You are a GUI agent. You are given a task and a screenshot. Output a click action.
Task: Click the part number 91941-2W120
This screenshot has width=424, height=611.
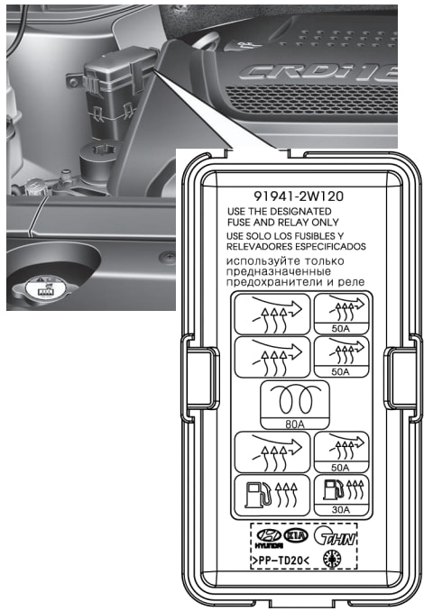[299, 196]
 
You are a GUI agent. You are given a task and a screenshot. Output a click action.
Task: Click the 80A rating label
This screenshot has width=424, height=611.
[295, 424]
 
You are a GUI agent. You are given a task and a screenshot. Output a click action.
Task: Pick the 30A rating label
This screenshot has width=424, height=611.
[341, 509]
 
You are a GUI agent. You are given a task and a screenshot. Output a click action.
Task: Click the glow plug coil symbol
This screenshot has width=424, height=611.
[295, 400]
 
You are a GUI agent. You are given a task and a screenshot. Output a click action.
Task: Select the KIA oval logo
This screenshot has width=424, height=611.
[296, 536]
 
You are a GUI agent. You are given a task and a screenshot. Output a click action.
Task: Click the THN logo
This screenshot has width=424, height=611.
[335, 536]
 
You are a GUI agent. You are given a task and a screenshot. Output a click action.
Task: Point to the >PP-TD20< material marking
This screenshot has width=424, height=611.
[281, 561]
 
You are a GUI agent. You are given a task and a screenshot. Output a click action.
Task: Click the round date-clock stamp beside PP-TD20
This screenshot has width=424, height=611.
[332, 559]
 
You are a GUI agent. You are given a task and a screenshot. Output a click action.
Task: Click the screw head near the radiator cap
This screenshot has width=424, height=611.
[168, 257]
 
